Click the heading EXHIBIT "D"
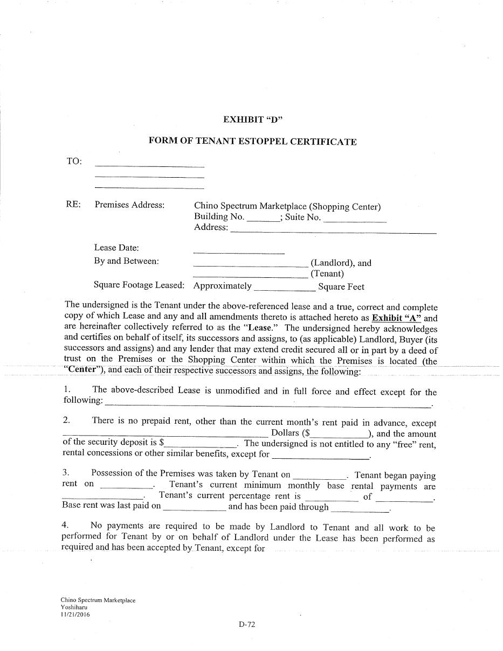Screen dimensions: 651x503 [253, 120]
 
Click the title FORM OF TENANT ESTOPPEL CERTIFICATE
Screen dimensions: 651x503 [252, 142]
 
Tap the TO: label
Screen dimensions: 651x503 [74, 161]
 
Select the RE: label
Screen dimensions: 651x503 [73, 205]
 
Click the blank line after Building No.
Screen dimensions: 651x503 [263, 220]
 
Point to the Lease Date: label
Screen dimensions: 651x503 [116, 248]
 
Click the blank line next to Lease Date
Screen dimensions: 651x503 [238, 251]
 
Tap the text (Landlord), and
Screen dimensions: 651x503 [341, 263]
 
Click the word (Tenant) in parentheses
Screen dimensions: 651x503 [327, 274]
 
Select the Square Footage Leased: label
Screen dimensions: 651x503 [139, 285]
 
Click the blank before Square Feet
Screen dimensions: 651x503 [284, 289]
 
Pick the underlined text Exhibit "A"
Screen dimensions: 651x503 [396, 318]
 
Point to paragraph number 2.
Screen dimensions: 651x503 [66, 420]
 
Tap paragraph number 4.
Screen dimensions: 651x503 [65, 525]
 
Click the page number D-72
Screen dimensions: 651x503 [246, 625]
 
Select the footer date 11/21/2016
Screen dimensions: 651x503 [75, 614]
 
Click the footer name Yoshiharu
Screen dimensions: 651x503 [74, 607]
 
